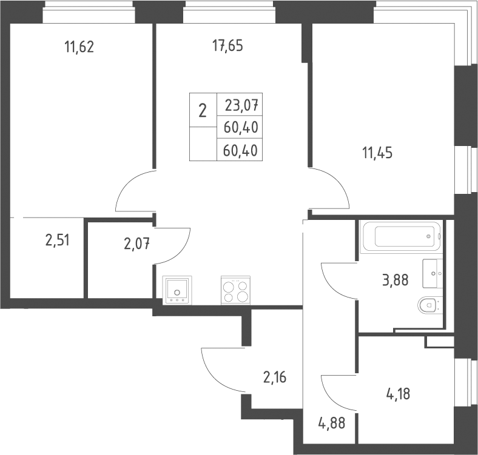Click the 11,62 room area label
(x=79, y=47)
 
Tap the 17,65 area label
(x=227, y=45)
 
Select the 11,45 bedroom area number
(x=377, y=153)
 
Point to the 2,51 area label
(x=58, y=241)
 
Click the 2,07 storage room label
(x=137, y=244)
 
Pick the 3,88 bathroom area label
(x=395, y=280)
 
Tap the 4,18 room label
(x=398, y=394)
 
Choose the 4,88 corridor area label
(x=332, y=423)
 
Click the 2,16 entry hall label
(x=275, y=377)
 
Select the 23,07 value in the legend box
(x=242, y=105)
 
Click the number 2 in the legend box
(x=203, y=110)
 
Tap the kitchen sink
(x=177, y=290)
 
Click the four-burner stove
(x=235, y=290)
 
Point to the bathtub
(x=400, y=237)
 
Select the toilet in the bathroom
(x=428, y=305)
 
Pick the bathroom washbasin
(x=433, y=273)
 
